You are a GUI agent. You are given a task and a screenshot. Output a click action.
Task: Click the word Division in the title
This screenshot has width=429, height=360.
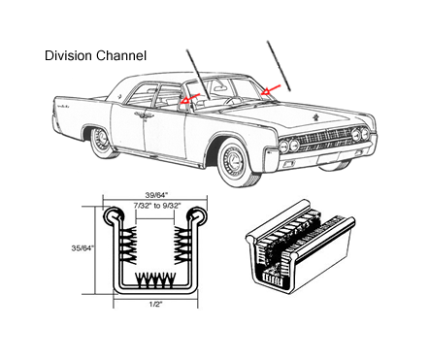[68, 55]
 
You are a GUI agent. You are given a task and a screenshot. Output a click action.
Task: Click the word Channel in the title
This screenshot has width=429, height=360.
[121, 55]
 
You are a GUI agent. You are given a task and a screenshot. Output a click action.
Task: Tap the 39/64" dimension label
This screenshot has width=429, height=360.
[157, 195]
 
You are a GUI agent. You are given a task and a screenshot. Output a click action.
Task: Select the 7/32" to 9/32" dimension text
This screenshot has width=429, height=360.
[157, 206]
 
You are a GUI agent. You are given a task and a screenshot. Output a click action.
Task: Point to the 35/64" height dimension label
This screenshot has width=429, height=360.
[82, 248]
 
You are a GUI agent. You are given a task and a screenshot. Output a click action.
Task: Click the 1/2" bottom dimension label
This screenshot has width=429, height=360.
[155, 304]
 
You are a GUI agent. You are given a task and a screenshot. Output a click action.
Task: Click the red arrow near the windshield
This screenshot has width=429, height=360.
[271, 90]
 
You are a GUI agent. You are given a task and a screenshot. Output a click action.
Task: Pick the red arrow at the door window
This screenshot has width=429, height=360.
[189, 99]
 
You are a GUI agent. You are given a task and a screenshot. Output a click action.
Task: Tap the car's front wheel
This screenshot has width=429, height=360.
[234, 161]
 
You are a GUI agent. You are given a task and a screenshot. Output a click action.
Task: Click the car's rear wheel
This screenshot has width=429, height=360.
[100, 142]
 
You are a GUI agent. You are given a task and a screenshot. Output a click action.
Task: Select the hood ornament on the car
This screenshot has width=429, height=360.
[316, 117]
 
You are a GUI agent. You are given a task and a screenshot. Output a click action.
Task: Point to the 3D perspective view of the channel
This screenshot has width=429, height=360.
[300, 246]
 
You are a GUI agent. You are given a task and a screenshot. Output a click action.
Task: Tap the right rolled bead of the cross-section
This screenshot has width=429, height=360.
[197, 215]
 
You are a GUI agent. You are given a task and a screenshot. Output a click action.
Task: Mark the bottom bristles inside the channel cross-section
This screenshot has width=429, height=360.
[155, 280]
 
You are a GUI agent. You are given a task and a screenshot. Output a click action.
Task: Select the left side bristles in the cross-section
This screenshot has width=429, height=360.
[129, 245]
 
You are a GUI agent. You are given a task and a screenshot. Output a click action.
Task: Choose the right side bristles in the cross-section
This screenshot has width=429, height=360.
[181, 245]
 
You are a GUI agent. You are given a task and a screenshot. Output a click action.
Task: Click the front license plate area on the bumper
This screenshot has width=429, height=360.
[328, 159]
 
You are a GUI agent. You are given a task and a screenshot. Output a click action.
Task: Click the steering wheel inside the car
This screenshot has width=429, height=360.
[234, 100]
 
